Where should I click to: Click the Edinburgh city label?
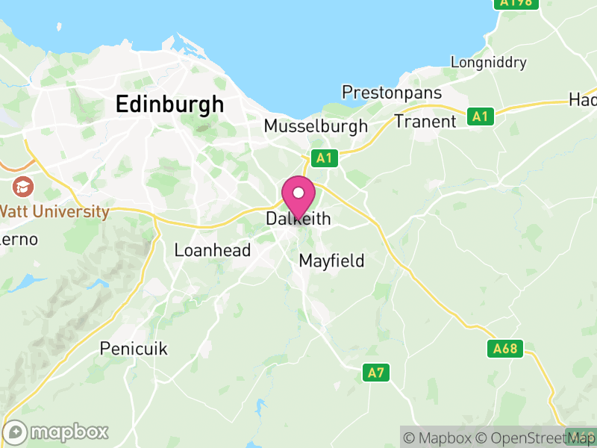pyautogui.click(x=169, y=105)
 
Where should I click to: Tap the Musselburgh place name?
pyautogui.click(x=316, y=126)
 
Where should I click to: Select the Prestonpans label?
pyautogui.click(x=392, y=93)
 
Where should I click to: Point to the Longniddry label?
pyautogui.click(x=489, y=63)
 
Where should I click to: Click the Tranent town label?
pyautogui.click(x=425, y=121)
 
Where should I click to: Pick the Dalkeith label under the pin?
pyautogui.click(x=298, y=220)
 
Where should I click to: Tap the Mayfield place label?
pyautogui.click(x=331, y=261)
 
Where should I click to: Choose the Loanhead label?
pyautogui.click(x=212, y=251)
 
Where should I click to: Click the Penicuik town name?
pyautogui.click(x=134, y=349)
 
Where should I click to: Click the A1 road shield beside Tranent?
pyautogui.click(x=480, y=116)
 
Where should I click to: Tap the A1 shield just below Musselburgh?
pyautogui.click(x=323, y=158)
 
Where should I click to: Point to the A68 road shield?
pyautogui.click(x=507, y=349)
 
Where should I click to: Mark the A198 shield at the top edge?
pyautogui.click(x=515, y=4)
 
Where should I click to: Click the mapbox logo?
pyautogui.click(x=57, y=432)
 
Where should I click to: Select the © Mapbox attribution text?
pyautogui.click(x=445, y=438)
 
